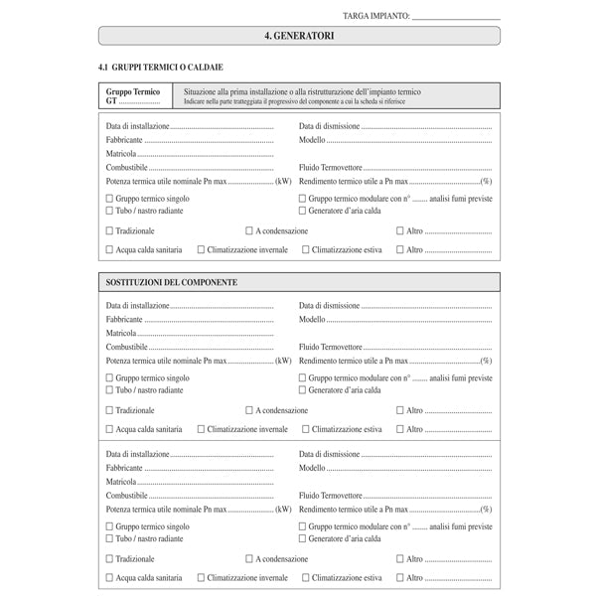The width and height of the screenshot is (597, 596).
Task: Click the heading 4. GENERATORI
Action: pyautogui.click(x=299, y=36)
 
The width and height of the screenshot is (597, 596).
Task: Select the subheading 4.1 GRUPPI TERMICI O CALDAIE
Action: pyautogui.click(x=153, y=67)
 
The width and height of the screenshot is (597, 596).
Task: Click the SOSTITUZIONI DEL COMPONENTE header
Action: pyautogui.click(x=172, y=283)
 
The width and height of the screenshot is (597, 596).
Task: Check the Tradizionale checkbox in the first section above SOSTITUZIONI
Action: pyautogui.click(x=110, y=230)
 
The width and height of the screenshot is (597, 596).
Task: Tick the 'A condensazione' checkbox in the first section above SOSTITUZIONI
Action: pyautogui.click(x=250, y=230)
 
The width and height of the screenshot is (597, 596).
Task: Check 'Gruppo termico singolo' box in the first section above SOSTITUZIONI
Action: pyautogui.click(x=110, y=199)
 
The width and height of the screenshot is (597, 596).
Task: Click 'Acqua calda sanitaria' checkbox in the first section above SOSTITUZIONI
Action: pyautogui.click(x=110, y=250)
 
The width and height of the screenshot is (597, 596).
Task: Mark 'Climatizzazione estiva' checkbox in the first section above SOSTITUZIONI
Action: pyautogui.click(x=306, y=250)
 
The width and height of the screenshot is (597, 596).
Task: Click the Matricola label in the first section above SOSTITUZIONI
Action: pyautogui.click(x=121, y=154)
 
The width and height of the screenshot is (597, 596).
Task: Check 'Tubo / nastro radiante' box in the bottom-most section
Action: pyautogui.click(x=110, y=538)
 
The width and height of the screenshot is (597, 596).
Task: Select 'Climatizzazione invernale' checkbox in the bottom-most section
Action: pyautogui.click(x=202, y=577)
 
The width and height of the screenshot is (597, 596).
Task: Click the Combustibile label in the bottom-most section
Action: pyautogui.click(x=127, y=495)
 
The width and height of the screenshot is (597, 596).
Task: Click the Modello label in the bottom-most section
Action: pyautogui.click(x=312, y=467)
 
